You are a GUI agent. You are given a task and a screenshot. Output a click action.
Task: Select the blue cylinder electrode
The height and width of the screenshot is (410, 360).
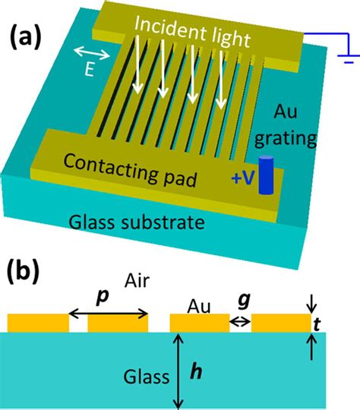click(266, 176)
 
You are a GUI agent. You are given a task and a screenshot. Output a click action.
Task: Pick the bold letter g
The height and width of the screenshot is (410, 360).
click(241, 301)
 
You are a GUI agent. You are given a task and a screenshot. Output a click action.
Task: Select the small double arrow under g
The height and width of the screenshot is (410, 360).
click(241, 322)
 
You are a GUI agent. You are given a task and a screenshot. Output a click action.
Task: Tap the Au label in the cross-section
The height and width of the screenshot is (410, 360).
click(198, 307)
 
